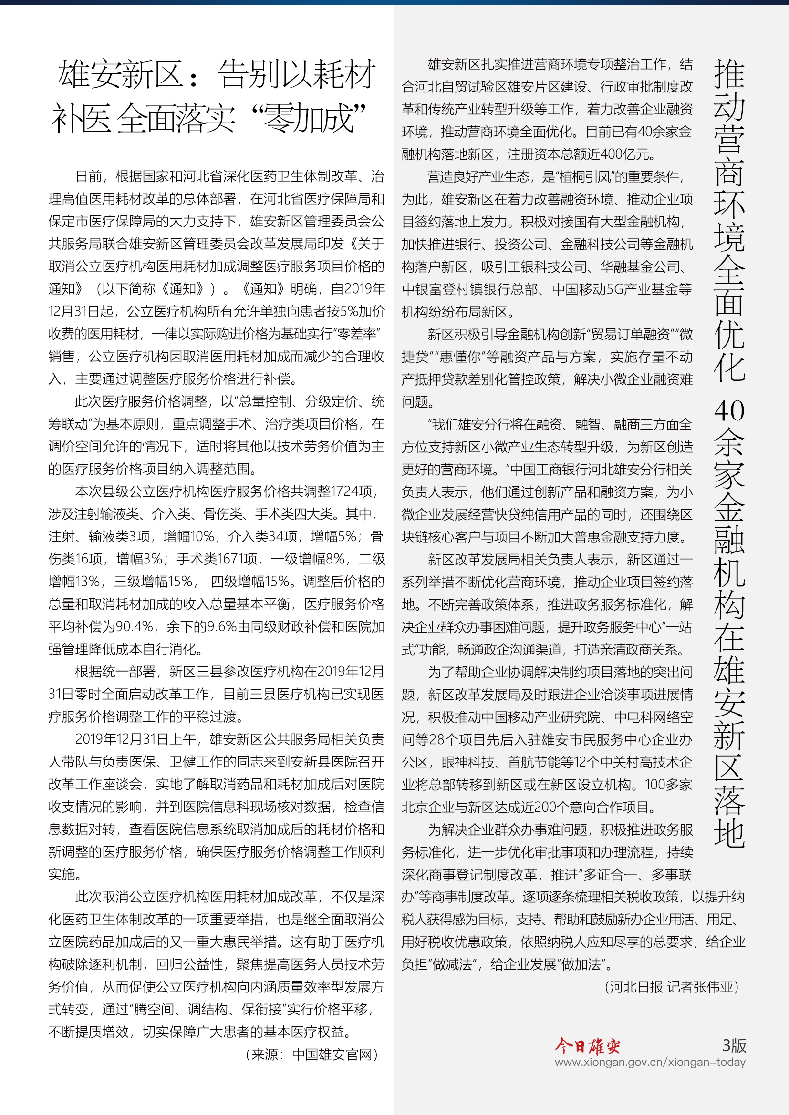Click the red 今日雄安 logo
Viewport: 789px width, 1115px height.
587,1046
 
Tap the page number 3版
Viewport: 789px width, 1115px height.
734,1045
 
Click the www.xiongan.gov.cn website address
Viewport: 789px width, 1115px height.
650,1062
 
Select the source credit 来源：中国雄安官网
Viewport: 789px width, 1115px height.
312,1054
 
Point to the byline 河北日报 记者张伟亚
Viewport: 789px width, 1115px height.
672,987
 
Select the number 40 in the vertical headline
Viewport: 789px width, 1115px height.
729,411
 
